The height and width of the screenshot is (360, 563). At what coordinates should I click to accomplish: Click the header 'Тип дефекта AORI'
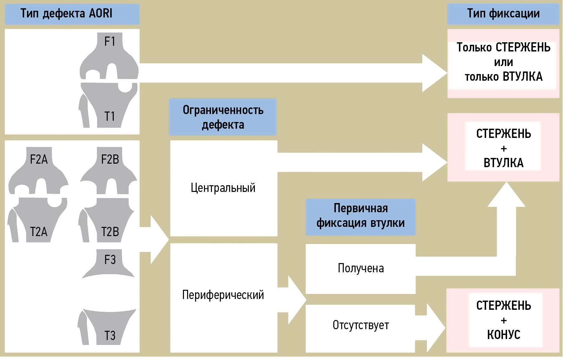[66, 14]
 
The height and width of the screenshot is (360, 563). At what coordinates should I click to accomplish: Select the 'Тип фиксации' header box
[503, 14]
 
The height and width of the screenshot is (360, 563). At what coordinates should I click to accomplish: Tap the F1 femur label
[110, 41]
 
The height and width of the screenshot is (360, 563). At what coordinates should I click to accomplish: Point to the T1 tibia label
[110, 116]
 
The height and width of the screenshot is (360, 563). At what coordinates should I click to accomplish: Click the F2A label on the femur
[39, 159]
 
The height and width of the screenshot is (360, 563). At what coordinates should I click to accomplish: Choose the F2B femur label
[110, 159]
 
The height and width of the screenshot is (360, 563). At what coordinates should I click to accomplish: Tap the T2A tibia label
[39, 232]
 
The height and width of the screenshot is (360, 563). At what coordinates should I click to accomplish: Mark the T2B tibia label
[110, 232]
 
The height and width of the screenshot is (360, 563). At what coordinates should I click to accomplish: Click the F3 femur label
[110, 260]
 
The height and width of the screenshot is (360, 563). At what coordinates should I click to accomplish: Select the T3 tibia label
[110, 336]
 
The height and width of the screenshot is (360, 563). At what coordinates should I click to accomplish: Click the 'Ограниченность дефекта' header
[223, 117]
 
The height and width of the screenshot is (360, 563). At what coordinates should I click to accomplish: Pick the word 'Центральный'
[223, 188]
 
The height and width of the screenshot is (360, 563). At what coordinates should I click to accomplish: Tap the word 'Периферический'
[223, 295]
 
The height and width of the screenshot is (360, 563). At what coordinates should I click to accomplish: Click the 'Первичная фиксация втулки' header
[361, 216]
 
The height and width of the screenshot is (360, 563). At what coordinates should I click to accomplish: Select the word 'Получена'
[361, 268]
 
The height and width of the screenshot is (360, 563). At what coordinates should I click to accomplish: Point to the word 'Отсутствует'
[361, 325]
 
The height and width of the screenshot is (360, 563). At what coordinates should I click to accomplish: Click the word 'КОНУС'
[504, 335]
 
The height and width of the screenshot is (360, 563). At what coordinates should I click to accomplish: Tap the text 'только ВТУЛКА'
[504, 77]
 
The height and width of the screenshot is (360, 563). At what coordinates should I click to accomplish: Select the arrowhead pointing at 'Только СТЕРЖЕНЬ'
[434, 73]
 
